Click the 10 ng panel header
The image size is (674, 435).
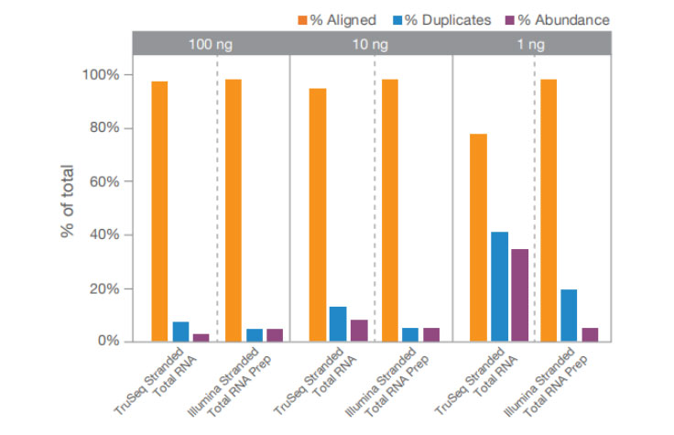point(371,43)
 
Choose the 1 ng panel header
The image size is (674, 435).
point(533,43)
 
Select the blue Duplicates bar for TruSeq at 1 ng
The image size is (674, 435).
point(500,287)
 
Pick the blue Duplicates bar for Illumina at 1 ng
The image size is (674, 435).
point(569,315)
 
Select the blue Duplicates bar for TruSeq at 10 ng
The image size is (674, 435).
point(338,323)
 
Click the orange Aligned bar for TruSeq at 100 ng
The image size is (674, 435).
point(159,211)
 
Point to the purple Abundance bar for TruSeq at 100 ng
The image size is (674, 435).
point(201,337)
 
